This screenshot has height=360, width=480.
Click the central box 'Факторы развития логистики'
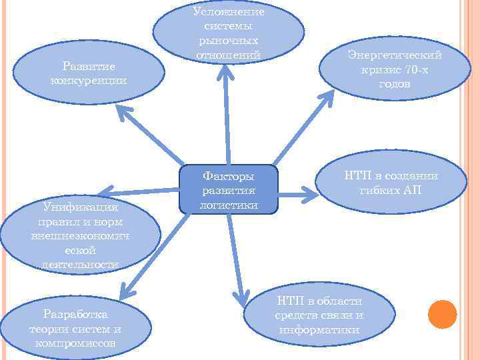click(228, 189)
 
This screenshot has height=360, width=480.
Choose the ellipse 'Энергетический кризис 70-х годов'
click(394, 70)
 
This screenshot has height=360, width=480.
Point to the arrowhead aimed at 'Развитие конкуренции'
click(124, 113)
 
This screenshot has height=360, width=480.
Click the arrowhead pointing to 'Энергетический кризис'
click(326, 99)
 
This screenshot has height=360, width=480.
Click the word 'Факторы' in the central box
click(228, 177)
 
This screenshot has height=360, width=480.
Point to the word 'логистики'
click(229, 205)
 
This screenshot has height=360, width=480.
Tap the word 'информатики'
click(320, 330)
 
